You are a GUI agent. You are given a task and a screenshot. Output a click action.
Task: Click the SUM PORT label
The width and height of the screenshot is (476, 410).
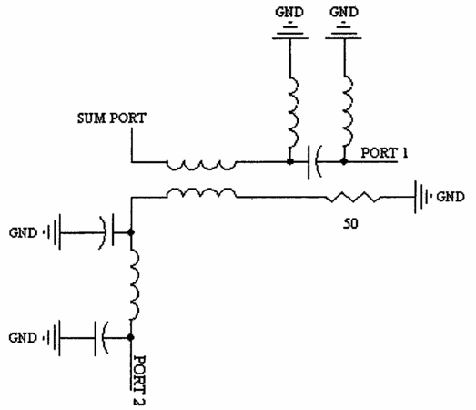(x=112, y=118)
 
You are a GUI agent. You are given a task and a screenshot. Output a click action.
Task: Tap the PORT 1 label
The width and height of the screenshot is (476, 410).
(x=384, y=152)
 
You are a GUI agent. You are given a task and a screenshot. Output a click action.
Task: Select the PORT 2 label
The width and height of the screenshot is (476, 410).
(x=139, y=380)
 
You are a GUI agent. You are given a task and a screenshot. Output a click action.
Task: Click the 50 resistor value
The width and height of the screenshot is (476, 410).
(x=350, y=224)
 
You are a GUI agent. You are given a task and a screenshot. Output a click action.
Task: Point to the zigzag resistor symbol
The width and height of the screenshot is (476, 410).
(x=353, y=197)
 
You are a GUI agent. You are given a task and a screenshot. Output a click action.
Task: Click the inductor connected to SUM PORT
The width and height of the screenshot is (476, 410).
(x=201, y=165)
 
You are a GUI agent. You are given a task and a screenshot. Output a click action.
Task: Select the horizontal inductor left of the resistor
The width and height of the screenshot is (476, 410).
(x=201, y=193)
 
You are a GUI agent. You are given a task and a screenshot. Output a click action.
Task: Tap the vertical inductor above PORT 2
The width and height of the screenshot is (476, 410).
(x=135, y=285)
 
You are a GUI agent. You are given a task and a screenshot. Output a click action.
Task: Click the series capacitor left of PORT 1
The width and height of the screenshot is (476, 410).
(x=315, y=162)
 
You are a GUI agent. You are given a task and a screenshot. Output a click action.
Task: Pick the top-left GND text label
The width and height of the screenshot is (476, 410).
(x=289, y=12)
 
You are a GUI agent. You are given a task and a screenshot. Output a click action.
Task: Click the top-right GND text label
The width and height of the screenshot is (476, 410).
(x=344, y=12)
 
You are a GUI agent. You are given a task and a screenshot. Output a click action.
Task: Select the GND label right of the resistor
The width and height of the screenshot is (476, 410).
(x=451, y=197)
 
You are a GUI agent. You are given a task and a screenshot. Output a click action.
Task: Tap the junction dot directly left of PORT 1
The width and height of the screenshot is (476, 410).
(x=344, y=161)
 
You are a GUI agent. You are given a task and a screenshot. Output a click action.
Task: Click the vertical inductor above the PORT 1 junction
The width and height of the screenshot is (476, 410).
(x=349, y=112)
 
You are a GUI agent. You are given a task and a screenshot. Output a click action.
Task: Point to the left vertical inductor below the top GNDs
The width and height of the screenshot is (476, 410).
(x=293, y=112)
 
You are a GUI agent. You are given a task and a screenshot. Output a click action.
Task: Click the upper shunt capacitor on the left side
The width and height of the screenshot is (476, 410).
(x=106, y=232)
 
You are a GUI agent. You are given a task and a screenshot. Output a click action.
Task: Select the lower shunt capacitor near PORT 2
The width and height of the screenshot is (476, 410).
(x=101, y=338)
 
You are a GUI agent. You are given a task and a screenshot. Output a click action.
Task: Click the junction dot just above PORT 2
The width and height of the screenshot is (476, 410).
(x=131, y=337)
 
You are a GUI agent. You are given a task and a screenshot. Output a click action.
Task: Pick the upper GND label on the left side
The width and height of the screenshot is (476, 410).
(x=23, y=233)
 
